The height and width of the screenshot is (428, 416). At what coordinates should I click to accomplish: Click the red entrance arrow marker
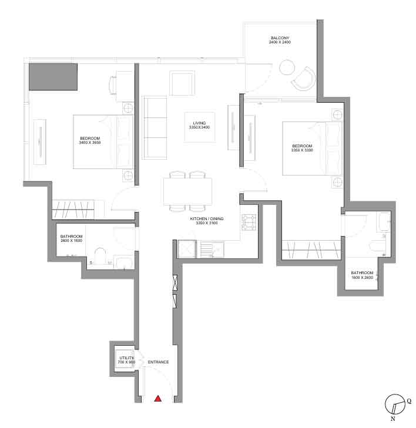[x=158, y=399]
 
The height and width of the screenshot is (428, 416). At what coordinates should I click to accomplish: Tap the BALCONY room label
[x=280, y=38]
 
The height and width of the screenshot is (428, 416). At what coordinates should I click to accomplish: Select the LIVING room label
[x=199, y=123]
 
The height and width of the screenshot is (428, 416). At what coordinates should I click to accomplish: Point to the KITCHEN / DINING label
[x=207, y=218]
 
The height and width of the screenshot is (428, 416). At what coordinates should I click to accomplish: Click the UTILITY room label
[x=127, y=358]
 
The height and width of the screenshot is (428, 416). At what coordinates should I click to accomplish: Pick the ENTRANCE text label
[x=158, y=362]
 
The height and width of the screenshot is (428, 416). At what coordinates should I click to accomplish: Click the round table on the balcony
[x=287, y=67]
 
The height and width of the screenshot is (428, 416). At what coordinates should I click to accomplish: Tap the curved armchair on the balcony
[x=304, y=78]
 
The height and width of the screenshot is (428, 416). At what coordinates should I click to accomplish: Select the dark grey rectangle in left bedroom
[x=53, y=77]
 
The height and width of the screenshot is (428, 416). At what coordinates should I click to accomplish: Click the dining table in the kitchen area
[x=188, y=191]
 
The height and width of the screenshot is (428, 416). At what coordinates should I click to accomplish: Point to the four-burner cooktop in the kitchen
[x=249, y=222]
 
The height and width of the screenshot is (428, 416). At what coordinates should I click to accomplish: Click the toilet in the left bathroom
[x=100, y=256]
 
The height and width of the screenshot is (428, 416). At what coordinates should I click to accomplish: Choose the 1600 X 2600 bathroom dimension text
[x=362, y=277]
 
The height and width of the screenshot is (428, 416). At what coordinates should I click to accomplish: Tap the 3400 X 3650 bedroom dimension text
[x=90, y=143]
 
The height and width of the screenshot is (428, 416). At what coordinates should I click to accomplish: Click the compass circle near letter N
[x=394, y=405]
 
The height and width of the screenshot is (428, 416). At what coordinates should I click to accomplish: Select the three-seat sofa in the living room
[x=155, y=127]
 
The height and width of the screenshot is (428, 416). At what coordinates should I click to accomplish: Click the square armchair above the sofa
[x=182, y=83]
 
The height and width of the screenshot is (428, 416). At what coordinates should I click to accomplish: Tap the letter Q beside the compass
[x=409, y=401]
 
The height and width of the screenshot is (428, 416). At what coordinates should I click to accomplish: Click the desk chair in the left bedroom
[x=113, y=84]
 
